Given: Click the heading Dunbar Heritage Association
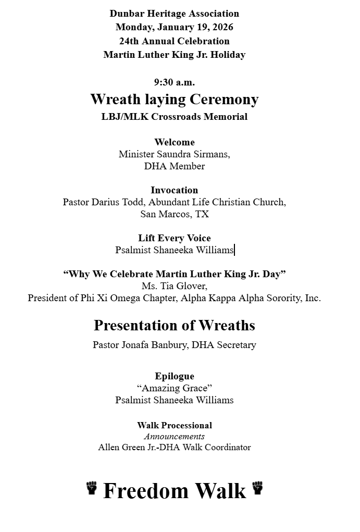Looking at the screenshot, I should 174,14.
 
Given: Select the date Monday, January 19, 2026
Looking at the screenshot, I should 174,27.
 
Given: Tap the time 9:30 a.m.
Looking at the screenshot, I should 174,82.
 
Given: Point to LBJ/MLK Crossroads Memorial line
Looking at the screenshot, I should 174,117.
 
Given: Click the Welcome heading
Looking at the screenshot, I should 174,142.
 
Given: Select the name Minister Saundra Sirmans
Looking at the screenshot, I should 173,154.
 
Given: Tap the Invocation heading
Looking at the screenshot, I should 174,190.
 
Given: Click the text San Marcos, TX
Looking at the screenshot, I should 174,214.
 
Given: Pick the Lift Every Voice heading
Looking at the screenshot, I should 174,238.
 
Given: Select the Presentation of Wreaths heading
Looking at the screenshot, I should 174,326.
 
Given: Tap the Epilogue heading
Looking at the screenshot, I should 174,376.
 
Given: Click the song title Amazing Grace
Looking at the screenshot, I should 174,388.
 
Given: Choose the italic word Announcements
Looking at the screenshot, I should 174,437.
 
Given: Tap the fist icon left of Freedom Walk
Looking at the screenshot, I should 92,488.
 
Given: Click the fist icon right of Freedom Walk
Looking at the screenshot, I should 257,488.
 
